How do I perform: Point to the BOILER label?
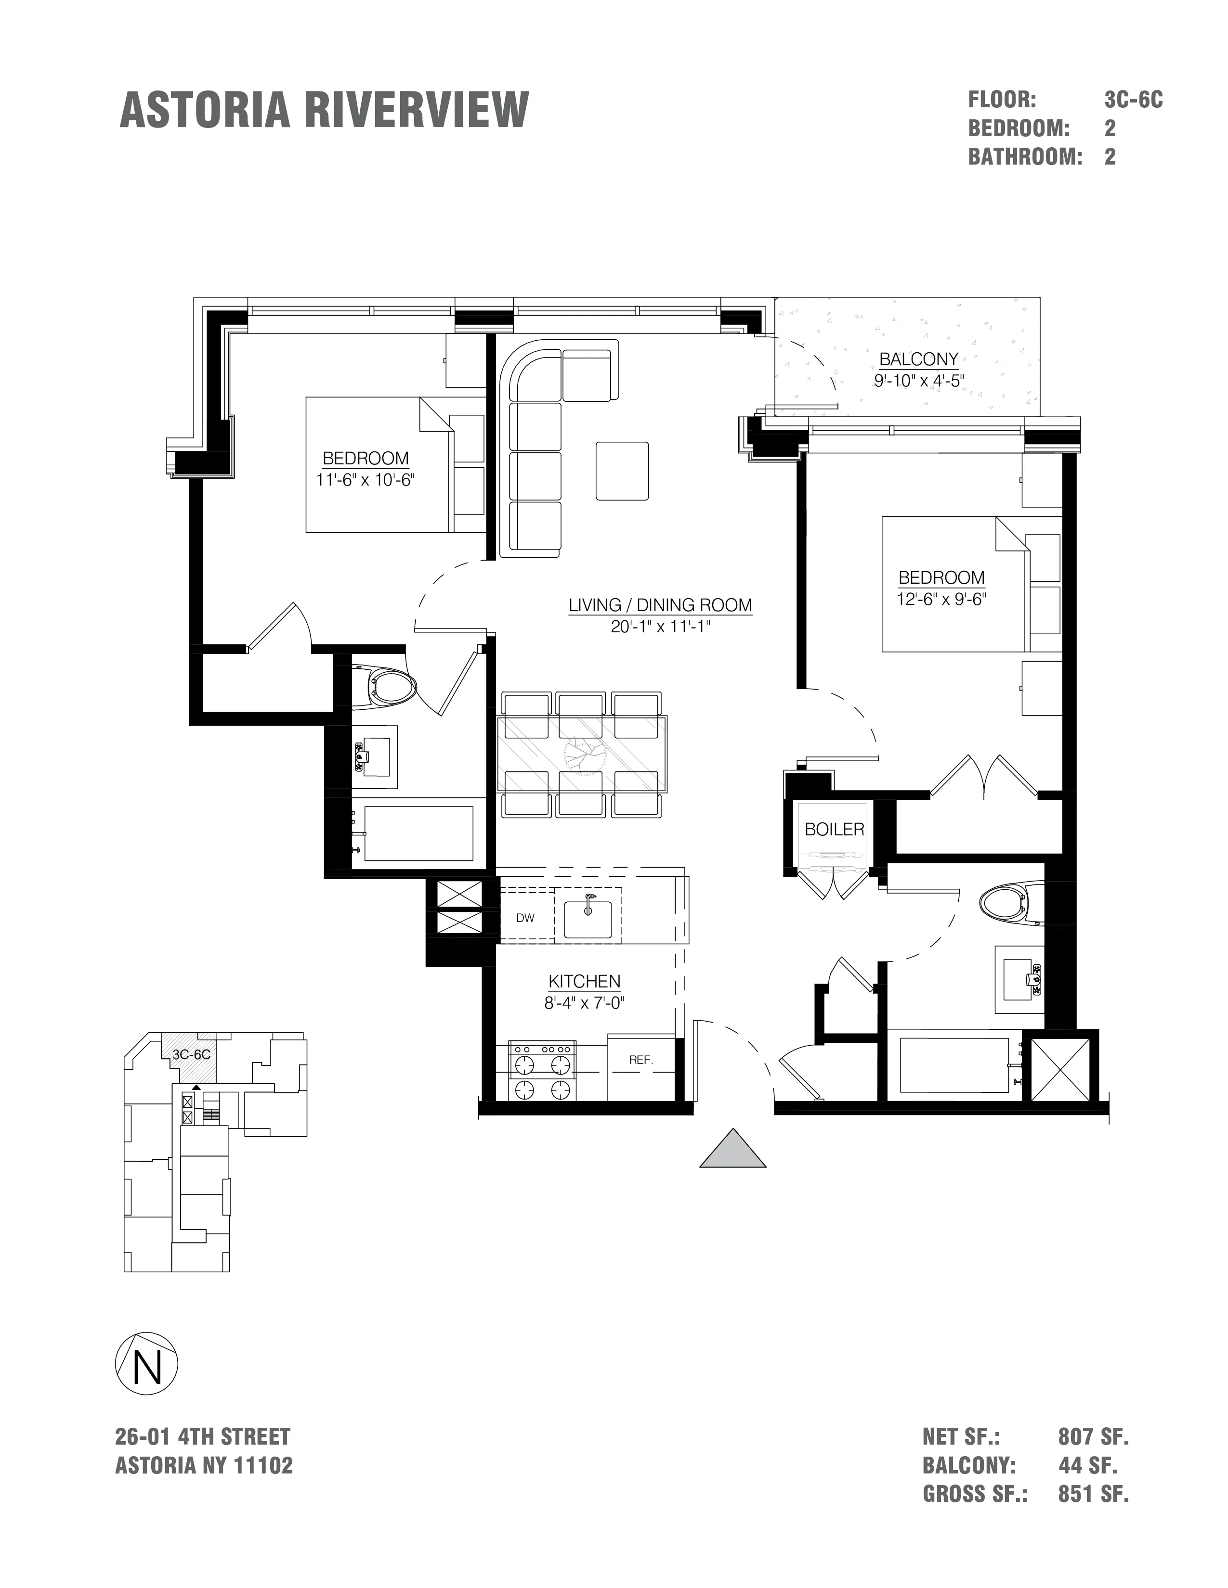pyautogui.click(x=835, y=830)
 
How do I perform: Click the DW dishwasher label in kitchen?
pyautogui.click(x=525, y=918)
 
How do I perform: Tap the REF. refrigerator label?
pyautogui.click(x=641, y=1060)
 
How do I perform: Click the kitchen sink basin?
pyautogui.click(x=588, y=914)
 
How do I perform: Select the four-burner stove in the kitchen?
pyautogui.click(x=541, y=1071)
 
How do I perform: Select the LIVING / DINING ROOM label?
pyautogui.click(x=660, y=605)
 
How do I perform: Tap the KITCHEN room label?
pyautogui.click(x=584, y=982)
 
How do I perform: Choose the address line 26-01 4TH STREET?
pyautogui.click(x=203, y=1437)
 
